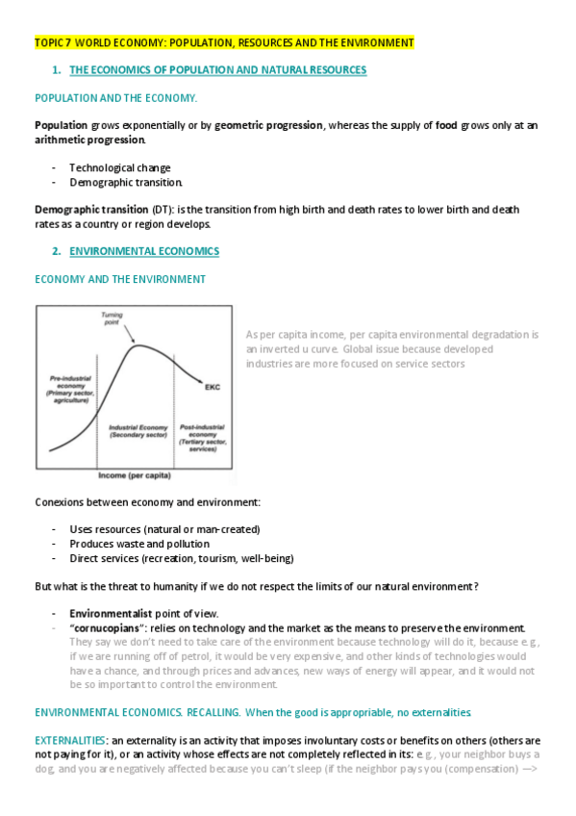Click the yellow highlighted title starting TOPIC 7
coord(224,43)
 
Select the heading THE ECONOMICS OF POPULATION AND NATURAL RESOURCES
coord(217,70)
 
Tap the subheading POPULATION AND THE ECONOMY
coord(115,98)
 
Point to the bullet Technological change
coord(119,167)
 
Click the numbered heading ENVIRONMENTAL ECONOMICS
coord(144,251)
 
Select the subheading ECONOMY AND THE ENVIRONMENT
coord(120,279)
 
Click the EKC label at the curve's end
coord(213,388)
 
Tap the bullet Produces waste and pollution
coord(138,544)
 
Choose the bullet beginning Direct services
coord(181,558)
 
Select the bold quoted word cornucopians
coord(108,627)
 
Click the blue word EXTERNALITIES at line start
coord(70,740)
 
